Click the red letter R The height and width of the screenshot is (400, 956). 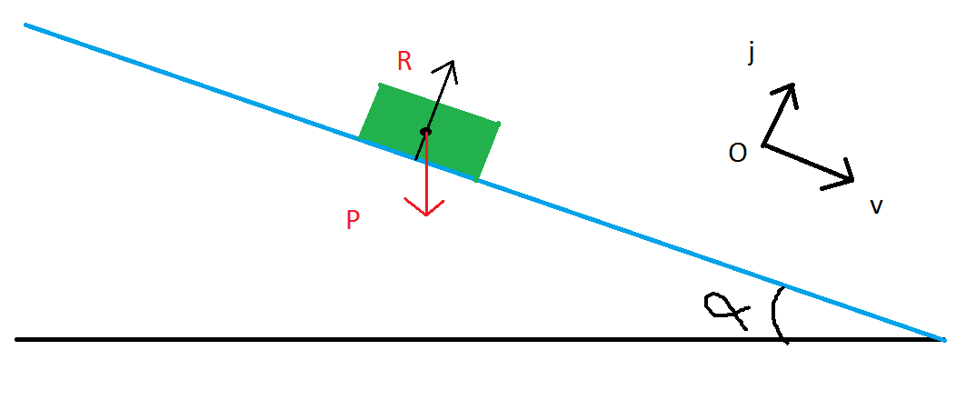click(x=404, y=62)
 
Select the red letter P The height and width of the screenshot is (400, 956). click(x=353, y=221)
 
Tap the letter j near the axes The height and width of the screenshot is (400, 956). click(x=752, y=55)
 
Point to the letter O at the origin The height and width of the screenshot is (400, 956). click(x=738, y=154)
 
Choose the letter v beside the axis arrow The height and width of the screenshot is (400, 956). click(x=876, y=207)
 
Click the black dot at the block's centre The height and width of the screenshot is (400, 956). click(x=425, y=133)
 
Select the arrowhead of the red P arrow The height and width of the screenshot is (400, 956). click(x=426, y=213)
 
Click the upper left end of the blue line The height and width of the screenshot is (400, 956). click(x=26, y=25)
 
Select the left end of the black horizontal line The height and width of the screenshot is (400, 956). click(x=17, y=339)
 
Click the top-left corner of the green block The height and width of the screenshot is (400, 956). click(x=380, y=85)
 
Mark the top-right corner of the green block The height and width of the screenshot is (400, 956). click(x=498, y=124)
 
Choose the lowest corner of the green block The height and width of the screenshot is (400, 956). click(x=476, y=179)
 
